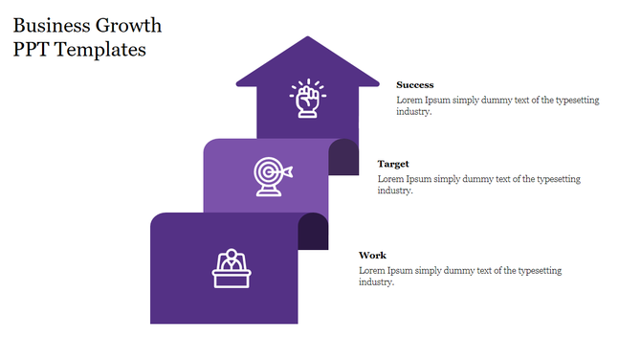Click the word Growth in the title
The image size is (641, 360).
pyautogui.click(x=130, y=25)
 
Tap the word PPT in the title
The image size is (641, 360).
pyautogui.click(x=34, y=50)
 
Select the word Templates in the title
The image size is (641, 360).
pyautogui.click(x=102, y=50)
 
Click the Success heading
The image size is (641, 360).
pyautogui.click(x=414, y=85)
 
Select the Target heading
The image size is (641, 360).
pyautogui.click(x=393, y=164)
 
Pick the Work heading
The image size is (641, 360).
pyautogui.click(x=372, y=255)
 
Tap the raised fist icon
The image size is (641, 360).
pyautogui.click(x=307, y=99)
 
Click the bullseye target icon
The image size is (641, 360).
pyautogui.click(x=271, y=176)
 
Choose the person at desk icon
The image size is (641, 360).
pyautogui.click(x=231, y=268)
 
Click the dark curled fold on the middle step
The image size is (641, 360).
pyautogui.click(x=343, y=156)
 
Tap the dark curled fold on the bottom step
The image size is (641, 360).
pyautogui.click(x=314, y=231)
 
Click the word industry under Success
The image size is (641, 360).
pyautogui.click(x=413, y=112)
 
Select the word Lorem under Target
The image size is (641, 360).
pyautogui.click(x=390, y=178)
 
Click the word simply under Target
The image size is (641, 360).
pyautogui.click(x=448, y=178)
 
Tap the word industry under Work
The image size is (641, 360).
pyautogui.click(x=376, y=281)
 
